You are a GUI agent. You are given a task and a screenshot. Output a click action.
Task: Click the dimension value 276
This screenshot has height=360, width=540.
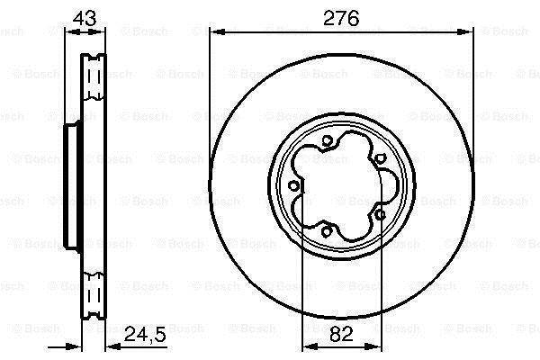pos(341,18)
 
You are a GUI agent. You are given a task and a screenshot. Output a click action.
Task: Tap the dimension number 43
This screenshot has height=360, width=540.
pos(85,18)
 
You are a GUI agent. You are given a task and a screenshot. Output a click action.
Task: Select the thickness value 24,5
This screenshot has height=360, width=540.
pos(145,334)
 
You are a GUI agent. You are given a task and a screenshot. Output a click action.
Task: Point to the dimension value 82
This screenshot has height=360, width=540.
pos(341,334)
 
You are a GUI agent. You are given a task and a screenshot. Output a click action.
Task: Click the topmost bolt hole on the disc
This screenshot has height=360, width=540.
pos(328,140)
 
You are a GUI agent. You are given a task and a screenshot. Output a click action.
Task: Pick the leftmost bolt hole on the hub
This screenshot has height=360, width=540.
pos(293,186)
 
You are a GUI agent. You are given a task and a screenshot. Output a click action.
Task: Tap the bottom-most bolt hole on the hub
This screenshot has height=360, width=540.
pos(327,231)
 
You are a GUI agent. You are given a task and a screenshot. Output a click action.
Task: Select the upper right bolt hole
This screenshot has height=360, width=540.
pos(379,158)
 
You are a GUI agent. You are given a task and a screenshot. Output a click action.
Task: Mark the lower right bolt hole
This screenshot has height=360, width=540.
pos(380,215)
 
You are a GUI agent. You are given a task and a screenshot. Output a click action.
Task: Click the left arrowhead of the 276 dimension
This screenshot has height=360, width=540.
pos(217,32)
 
